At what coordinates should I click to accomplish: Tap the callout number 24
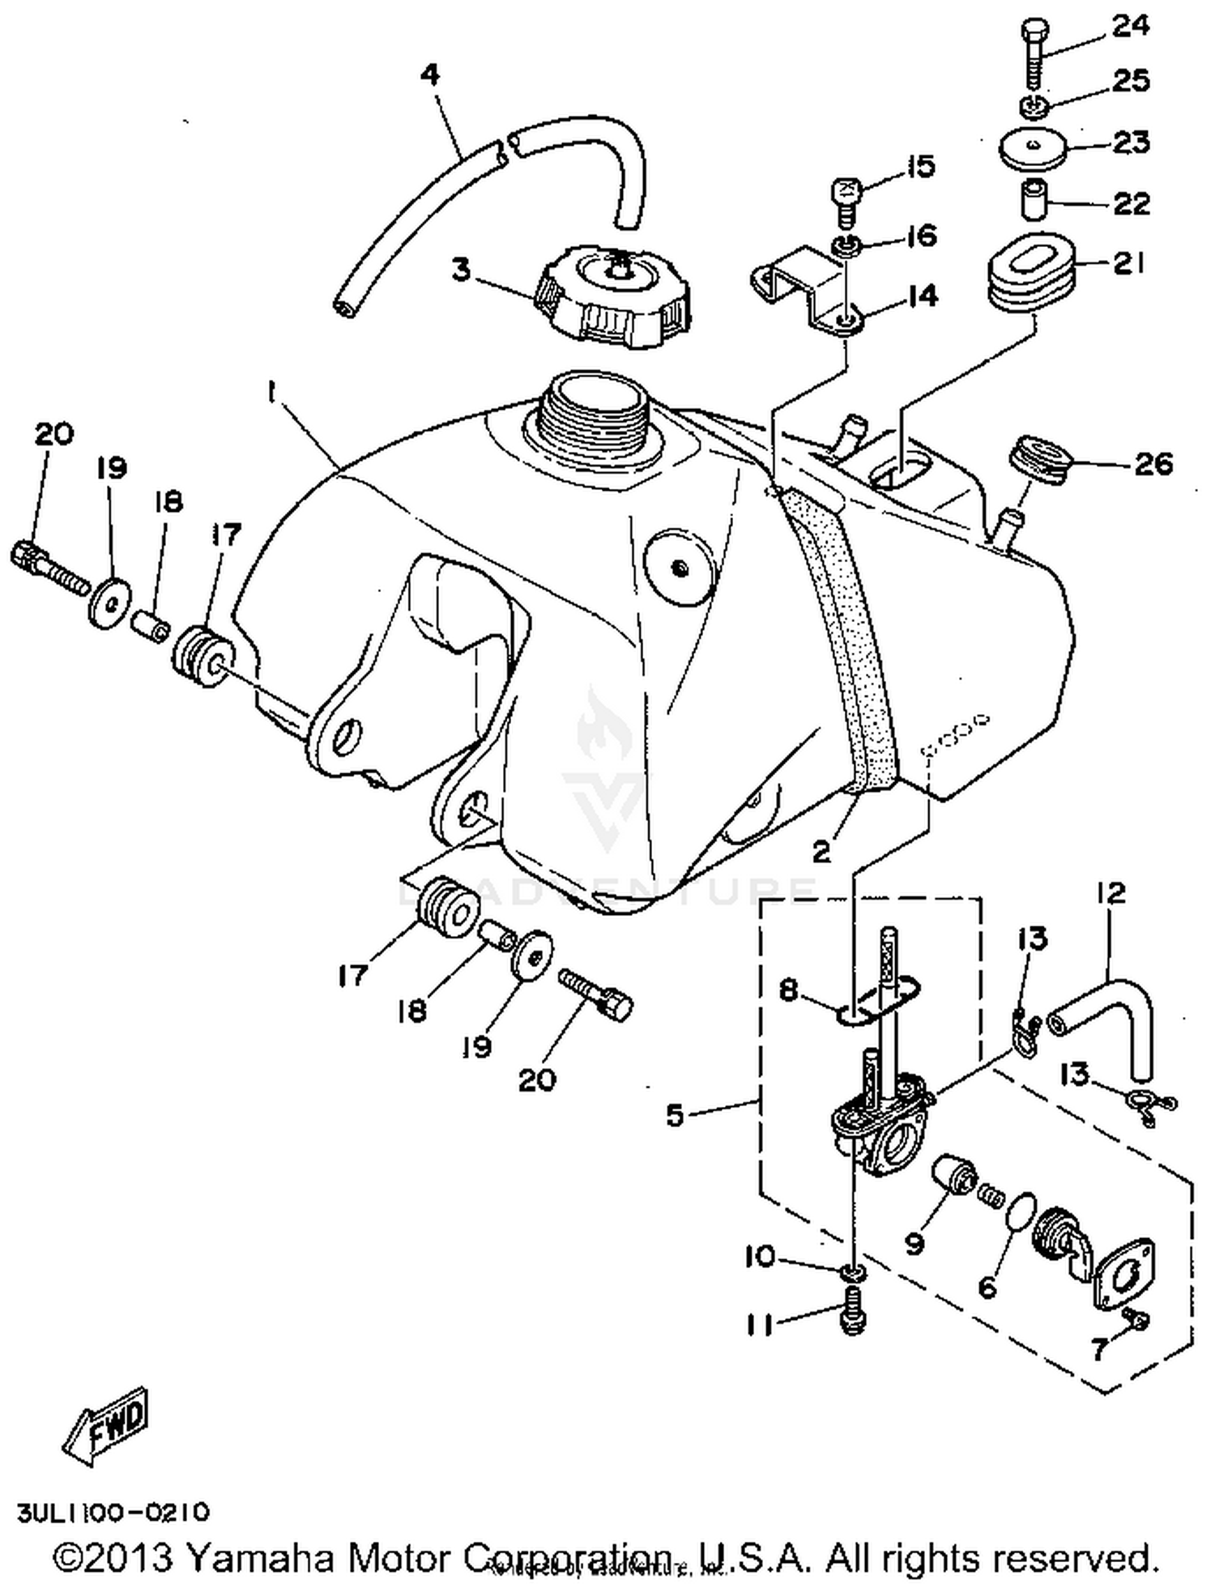[1131, 26]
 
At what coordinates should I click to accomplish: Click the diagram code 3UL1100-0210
[114, 1512]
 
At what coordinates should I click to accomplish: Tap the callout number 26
[1153, 464]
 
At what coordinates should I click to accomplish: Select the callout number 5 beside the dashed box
[675, 1115]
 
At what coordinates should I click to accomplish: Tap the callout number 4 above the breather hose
[430, 75]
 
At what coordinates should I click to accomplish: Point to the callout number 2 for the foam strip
[821, 851]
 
